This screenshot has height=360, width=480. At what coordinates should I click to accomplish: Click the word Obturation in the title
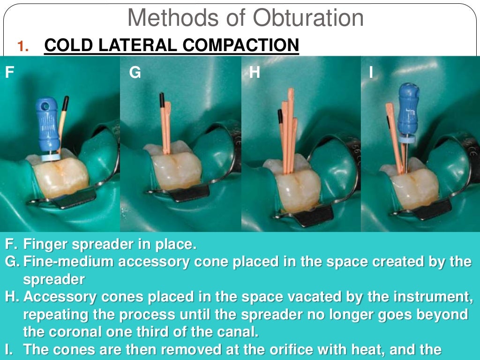pyautogui.click(x=308, y=18)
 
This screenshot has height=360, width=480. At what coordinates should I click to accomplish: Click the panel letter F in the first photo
pyautogui.click(x=9, y=73)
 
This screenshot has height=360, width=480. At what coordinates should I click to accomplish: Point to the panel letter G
pyautogui.click(x=135, y=73)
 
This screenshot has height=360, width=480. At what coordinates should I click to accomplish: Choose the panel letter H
pyautogui.click(x=255, y=73)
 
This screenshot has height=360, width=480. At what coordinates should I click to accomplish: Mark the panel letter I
pyautogui.click(x=371, y=73)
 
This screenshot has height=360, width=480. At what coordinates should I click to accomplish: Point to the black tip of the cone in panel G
pyautogui.click(x=162, y=99)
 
